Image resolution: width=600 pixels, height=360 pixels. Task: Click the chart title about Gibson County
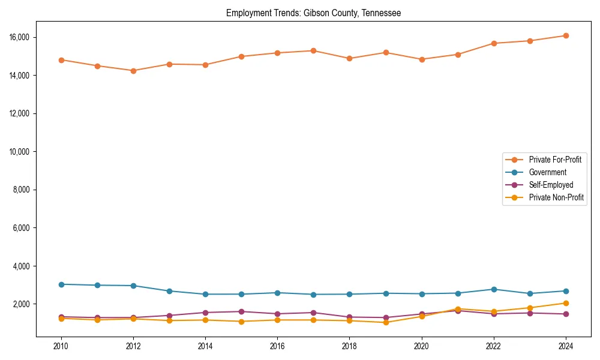(x=313, y=13)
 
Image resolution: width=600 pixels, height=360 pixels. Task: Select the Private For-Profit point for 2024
(x=566, y=35)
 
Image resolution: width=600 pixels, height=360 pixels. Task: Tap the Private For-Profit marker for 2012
(x=133, y=71)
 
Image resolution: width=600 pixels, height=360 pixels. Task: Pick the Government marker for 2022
(x=494, y=289)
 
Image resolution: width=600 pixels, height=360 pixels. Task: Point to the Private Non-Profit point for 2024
(x=566, y=303)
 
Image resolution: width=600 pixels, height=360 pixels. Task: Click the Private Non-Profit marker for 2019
(x=386, y=322)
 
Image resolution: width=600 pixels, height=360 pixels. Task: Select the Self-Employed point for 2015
(x=241, y=311)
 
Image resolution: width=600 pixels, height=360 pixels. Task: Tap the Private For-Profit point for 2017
(x=313, y=50)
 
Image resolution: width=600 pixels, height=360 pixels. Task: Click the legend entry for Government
(x=547, y=172)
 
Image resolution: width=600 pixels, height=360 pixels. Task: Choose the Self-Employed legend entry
(x=551, y=185)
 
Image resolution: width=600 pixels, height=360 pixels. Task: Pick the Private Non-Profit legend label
(x=556, y=197)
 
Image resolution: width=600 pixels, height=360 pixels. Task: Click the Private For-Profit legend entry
(x=555, y=160)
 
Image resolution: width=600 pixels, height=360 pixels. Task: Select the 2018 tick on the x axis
(x=349, y=346)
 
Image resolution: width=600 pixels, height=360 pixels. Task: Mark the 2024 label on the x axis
(x=566, y=346)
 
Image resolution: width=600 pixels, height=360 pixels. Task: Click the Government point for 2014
(x=205, y=294)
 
